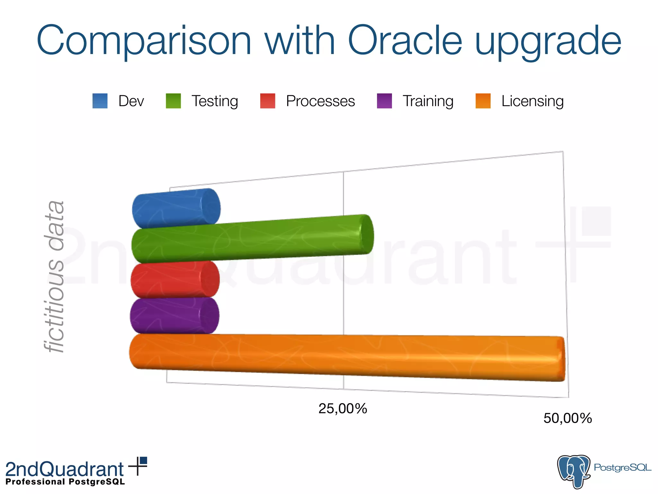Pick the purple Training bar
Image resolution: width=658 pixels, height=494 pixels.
click(x=174, y=316)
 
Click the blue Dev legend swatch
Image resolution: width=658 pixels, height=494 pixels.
click(x=100, y=101)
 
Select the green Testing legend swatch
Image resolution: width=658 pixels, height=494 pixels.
click(x=173, y=101)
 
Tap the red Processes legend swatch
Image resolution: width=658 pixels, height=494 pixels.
click(x=268, y=101)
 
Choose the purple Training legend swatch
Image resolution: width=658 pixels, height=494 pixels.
click(x=384, y=101)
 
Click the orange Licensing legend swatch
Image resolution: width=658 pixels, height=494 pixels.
click(x=483, y=101)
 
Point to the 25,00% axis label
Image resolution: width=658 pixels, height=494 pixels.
click(x=343, y=409)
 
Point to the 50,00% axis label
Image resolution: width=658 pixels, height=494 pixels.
click(x=568, y=418)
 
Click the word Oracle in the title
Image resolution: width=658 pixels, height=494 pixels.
click(x=405, y=41)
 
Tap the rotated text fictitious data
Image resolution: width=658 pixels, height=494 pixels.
click(x=55, y=277)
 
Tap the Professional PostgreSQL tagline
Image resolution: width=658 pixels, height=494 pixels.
click(x=65, y=482)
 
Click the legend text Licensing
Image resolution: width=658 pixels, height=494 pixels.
click(x=532, y=101)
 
